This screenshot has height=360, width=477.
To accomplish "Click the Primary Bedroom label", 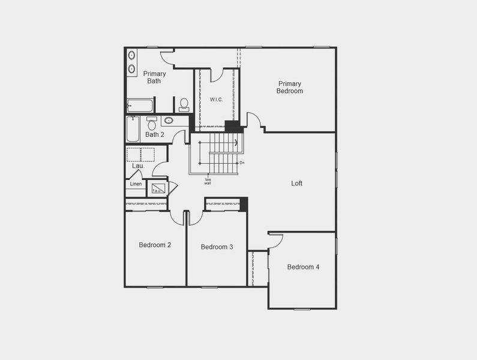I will (x=289, y=88).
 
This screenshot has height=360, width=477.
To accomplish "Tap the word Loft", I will (x=296, y=184).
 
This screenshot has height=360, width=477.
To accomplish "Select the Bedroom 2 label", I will (x=155, y=245).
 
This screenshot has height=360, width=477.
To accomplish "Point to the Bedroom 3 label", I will (x=217, y=247).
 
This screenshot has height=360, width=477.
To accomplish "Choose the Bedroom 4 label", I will (x=303, y=267).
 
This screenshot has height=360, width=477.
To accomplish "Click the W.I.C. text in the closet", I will (x=216, y=100).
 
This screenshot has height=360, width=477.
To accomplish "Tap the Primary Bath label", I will (x=154, y=77).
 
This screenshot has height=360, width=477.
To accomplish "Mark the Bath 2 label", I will (x=154, y=134).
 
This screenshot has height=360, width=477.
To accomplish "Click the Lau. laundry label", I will (x=138, y=166).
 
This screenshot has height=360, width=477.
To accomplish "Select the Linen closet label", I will (x=136, y=184).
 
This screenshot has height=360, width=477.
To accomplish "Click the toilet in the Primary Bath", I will (x=184, y=105).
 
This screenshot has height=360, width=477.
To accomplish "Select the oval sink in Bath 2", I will (x=169, y=121).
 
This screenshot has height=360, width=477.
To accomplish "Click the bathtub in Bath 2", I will (x=133, y=128).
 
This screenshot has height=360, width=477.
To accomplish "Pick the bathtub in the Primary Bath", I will (x=140, y=106).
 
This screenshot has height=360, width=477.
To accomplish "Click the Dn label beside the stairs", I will (x=242, y=163).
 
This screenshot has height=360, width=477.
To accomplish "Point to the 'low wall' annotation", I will (x=208, y=181).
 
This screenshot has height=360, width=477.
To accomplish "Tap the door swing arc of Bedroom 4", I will (x=277, y=240).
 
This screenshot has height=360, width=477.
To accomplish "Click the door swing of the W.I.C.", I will (x=217, y=75).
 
